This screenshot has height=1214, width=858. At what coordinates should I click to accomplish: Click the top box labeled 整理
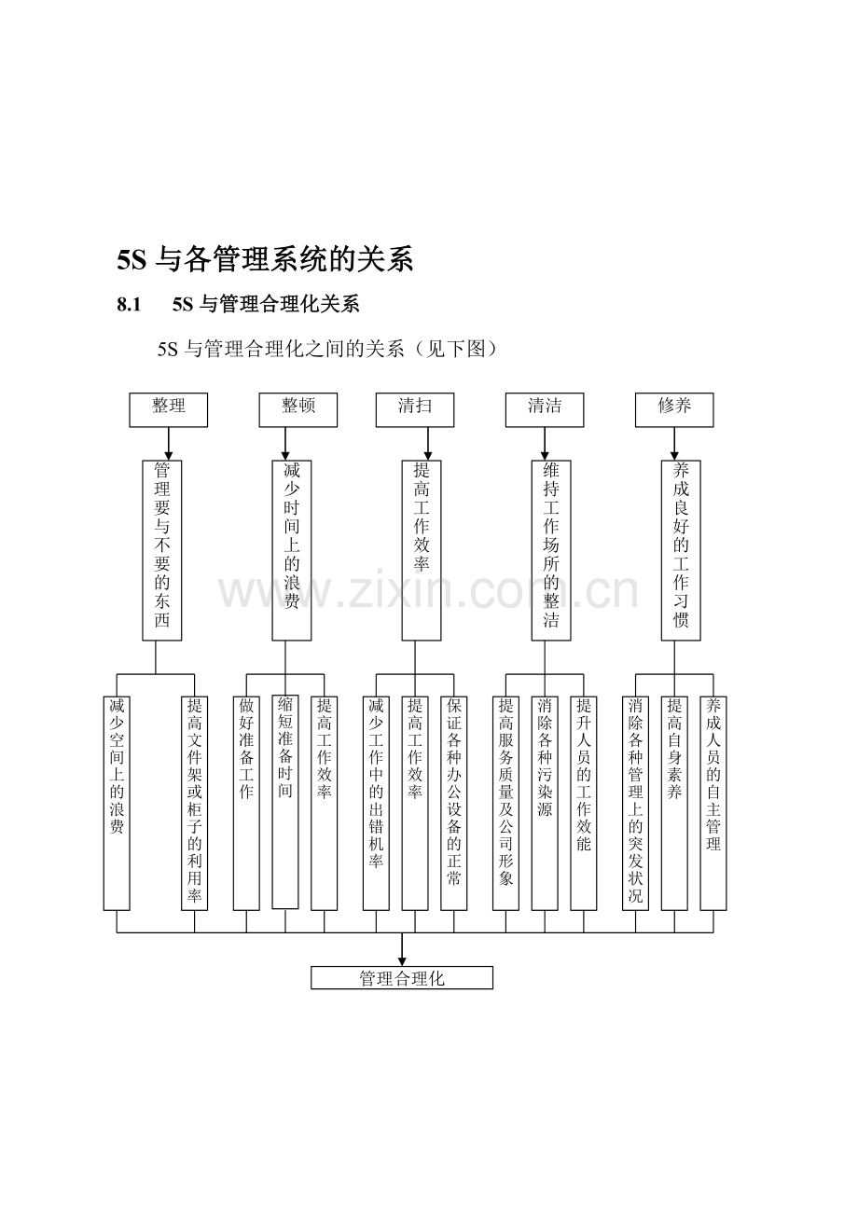(x=168, y=409)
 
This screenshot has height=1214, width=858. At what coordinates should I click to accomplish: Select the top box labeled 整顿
(x=298, y=409)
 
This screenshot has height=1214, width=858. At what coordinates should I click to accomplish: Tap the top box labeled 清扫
(x=414, y=409)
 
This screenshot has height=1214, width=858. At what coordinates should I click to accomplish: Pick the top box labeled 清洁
(x=545, y=409)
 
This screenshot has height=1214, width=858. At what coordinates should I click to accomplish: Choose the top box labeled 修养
(x=674, y=409)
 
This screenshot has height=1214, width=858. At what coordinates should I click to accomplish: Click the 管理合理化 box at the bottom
(x=402, y=977)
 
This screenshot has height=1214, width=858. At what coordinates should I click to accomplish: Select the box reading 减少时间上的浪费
(x=292, y=549)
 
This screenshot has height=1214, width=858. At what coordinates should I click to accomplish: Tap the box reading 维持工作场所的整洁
(x=551, y=549)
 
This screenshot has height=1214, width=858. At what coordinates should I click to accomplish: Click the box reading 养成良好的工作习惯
(x=681, y=549)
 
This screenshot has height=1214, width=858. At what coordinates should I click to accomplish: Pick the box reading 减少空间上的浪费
(x=117, y=802)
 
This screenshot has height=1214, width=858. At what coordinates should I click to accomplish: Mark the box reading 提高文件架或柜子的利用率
(x=194, y=802)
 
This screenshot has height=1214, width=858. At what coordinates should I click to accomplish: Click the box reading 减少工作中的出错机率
(x=376, y=802)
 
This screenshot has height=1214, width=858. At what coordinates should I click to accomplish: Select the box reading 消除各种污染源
(x=545, y=802)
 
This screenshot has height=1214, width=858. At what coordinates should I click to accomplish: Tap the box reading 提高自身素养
(x=674, y=802)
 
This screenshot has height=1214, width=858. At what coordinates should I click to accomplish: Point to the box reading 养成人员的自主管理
(x=713, y=802)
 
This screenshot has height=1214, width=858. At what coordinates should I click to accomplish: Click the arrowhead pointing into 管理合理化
(x=402, y=960)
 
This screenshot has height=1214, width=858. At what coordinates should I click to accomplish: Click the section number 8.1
(x=129, y=304)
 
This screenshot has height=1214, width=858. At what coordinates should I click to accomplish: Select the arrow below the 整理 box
(x=169, y=444)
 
